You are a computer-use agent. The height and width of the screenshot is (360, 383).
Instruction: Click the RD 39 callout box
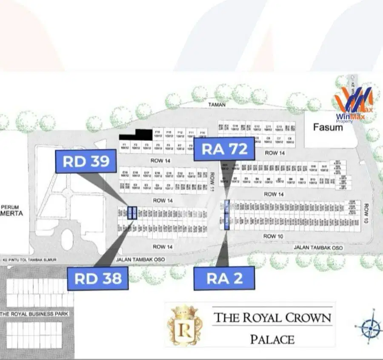pyautogui.click(x=86, y=162)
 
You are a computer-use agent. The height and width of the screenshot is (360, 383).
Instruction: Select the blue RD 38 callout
pyautogui.click(x=98, y=279)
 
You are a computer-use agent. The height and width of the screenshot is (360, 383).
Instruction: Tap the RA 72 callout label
pyautogui.click(x=224, y=149)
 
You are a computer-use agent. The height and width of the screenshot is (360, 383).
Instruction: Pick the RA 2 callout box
pyautogui.click(x=224, y=278)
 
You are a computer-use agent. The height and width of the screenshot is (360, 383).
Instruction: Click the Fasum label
pyautogui.click(x=328, y=127)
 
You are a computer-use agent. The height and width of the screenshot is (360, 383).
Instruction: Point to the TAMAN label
pyautogui.click(x=217, y=104)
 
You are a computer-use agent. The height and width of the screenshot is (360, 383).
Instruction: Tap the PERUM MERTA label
pyautogui.click(x=11, y=210)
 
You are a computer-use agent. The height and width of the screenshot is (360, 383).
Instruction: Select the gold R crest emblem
pyautogui.click(x=185, y=325)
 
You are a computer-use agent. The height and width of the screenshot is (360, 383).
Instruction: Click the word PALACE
pyautogui.click(x=272, y=339)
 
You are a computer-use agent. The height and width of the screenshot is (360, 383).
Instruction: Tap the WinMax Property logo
pyautogui.click(x=354, y=105)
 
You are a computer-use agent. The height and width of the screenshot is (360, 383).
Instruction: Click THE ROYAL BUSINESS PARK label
pyautogui.click(x=34, y=314)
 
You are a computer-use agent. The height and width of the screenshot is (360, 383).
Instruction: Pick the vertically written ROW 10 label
pyautogui.click(x=366, y=213)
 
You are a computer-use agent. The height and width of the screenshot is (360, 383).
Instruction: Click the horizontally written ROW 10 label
pyautogui.click(x=273, y=236)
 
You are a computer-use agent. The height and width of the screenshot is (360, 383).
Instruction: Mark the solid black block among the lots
pyautogui.click(x=136, y=135)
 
